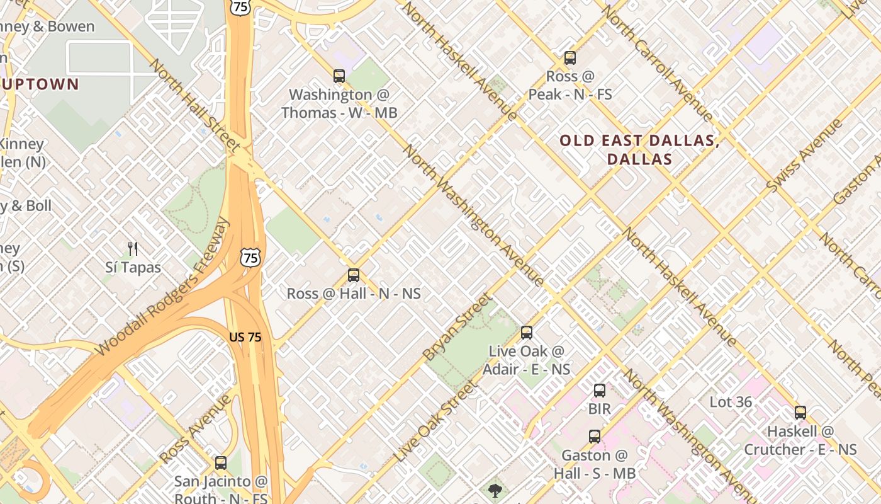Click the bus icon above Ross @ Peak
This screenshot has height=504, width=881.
(x=570, y=58)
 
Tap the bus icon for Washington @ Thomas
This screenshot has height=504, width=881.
(x=339, y=76)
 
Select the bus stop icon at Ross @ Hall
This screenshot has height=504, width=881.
(x=354, y=275)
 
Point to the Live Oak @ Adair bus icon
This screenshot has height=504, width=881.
(x=527, y=332)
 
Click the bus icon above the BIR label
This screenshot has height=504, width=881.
(x=600, y=391)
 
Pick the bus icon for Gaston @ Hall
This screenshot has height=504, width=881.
(x=595, y=436)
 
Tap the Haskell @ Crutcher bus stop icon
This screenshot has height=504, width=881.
(x=800, y=413)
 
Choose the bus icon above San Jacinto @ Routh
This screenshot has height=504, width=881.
(x=221, y=463)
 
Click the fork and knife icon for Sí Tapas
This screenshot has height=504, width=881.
(x=133, y=249)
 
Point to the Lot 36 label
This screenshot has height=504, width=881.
(x=731, y=402)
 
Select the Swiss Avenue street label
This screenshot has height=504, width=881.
(x=804, y=156)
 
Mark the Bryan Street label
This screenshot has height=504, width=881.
(x=456, y=327)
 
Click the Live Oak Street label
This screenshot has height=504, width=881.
(x=434, y=421)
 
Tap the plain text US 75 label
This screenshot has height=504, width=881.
(x=245, y=337)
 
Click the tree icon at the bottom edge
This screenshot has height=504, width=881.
(x=495, y=491)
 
